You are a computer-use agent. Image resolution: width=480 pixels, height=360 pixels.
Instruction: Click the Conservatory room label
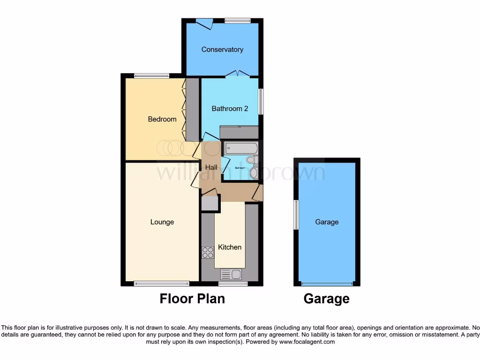(x=222, y=49)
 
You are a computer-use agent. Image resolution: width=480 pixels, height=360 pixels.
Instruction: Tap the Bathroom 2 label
(x=230, y=109)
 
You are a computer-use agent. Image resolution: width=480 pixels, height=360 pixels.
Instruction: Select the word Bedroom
(x=162, y=119)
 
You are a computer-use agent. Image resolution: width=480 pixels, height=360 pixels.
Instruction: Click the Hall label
(x=211, y=167)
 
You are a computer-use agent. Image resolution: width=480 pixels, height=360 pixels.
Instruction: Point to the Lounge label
(x=162, y=222)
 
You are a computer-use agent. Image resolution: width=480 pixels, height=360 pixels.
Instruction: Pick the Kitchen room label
(x=230, y=247)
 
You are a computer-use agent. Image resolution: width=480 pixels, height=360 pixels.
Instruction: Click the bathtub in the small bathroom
(x=241, y=149)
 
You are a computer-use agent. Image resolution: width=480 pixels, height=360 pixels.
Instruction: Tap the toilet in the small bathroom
(x=252, y=160)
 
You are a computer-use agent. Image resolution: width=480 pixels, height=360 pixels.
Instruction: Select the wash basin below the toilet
(x=254, y=173)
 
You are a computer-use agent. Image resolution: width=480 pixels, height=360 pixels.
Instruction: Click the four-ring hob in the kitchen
(x=208, y=253)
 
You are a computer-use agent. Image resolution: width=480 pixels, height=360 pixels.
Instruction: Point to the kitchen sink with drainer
(x=231, y=274)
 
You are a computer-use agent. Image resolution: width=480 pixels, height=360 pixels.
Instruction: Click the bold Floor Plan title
(x=192, y=299)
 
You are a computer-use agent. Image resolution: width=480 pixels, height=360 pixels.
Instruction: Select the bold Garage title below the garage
(x=327, y=299)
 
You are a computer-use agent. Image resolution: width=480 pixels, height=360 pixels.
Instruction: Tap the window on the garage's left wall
(x=296, y=215)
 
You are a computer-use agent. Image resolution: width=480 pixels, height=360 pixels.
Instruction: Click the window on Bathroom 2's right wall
(x=261, y=101)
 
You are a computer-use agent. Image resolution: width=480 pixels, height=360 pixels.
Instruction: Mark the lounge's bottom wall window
(x=162, y=284)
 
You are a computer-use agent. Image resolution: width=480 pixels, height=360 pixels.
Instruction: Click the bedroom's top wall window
(x=151, y=75)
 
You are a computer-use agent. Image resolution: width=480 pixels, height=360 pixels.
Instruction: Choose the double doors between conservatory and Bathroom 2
(x=236, y=74)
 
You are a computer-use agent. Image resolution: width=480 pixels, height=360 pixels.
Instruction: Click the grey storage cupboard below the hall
(x=210, y=203)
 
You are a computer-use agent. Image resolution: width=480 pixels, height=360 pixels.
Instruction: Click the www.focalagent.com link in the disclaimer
(x=307, y=342)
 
